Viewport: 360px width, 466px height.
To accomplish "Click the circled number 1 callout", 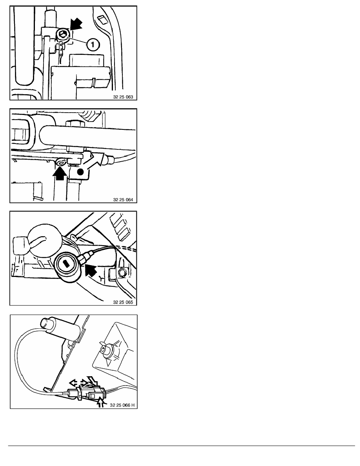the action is point(93,45).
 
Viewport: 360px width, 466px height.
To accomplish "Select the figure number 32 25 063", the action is point(123,97).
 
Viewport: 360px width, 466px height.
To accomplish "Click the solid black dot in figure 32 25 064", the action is point(80,172).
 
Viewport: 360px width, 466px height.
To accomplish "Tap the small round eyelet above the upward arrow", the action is point(62,162).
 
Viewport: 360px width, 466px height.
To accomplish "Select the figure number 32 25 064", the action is point(123,200).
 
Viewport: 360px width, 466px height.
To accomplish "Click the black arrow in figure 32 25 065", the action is point(91,270).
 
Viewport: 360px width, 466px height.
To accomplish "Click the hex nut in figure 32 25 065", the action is point(122,271).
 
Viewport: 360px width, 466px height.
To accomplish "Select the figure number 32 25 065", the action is point(123,302).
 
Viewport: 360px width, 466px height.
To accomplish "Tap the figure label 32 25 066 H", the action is point(122,405).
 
